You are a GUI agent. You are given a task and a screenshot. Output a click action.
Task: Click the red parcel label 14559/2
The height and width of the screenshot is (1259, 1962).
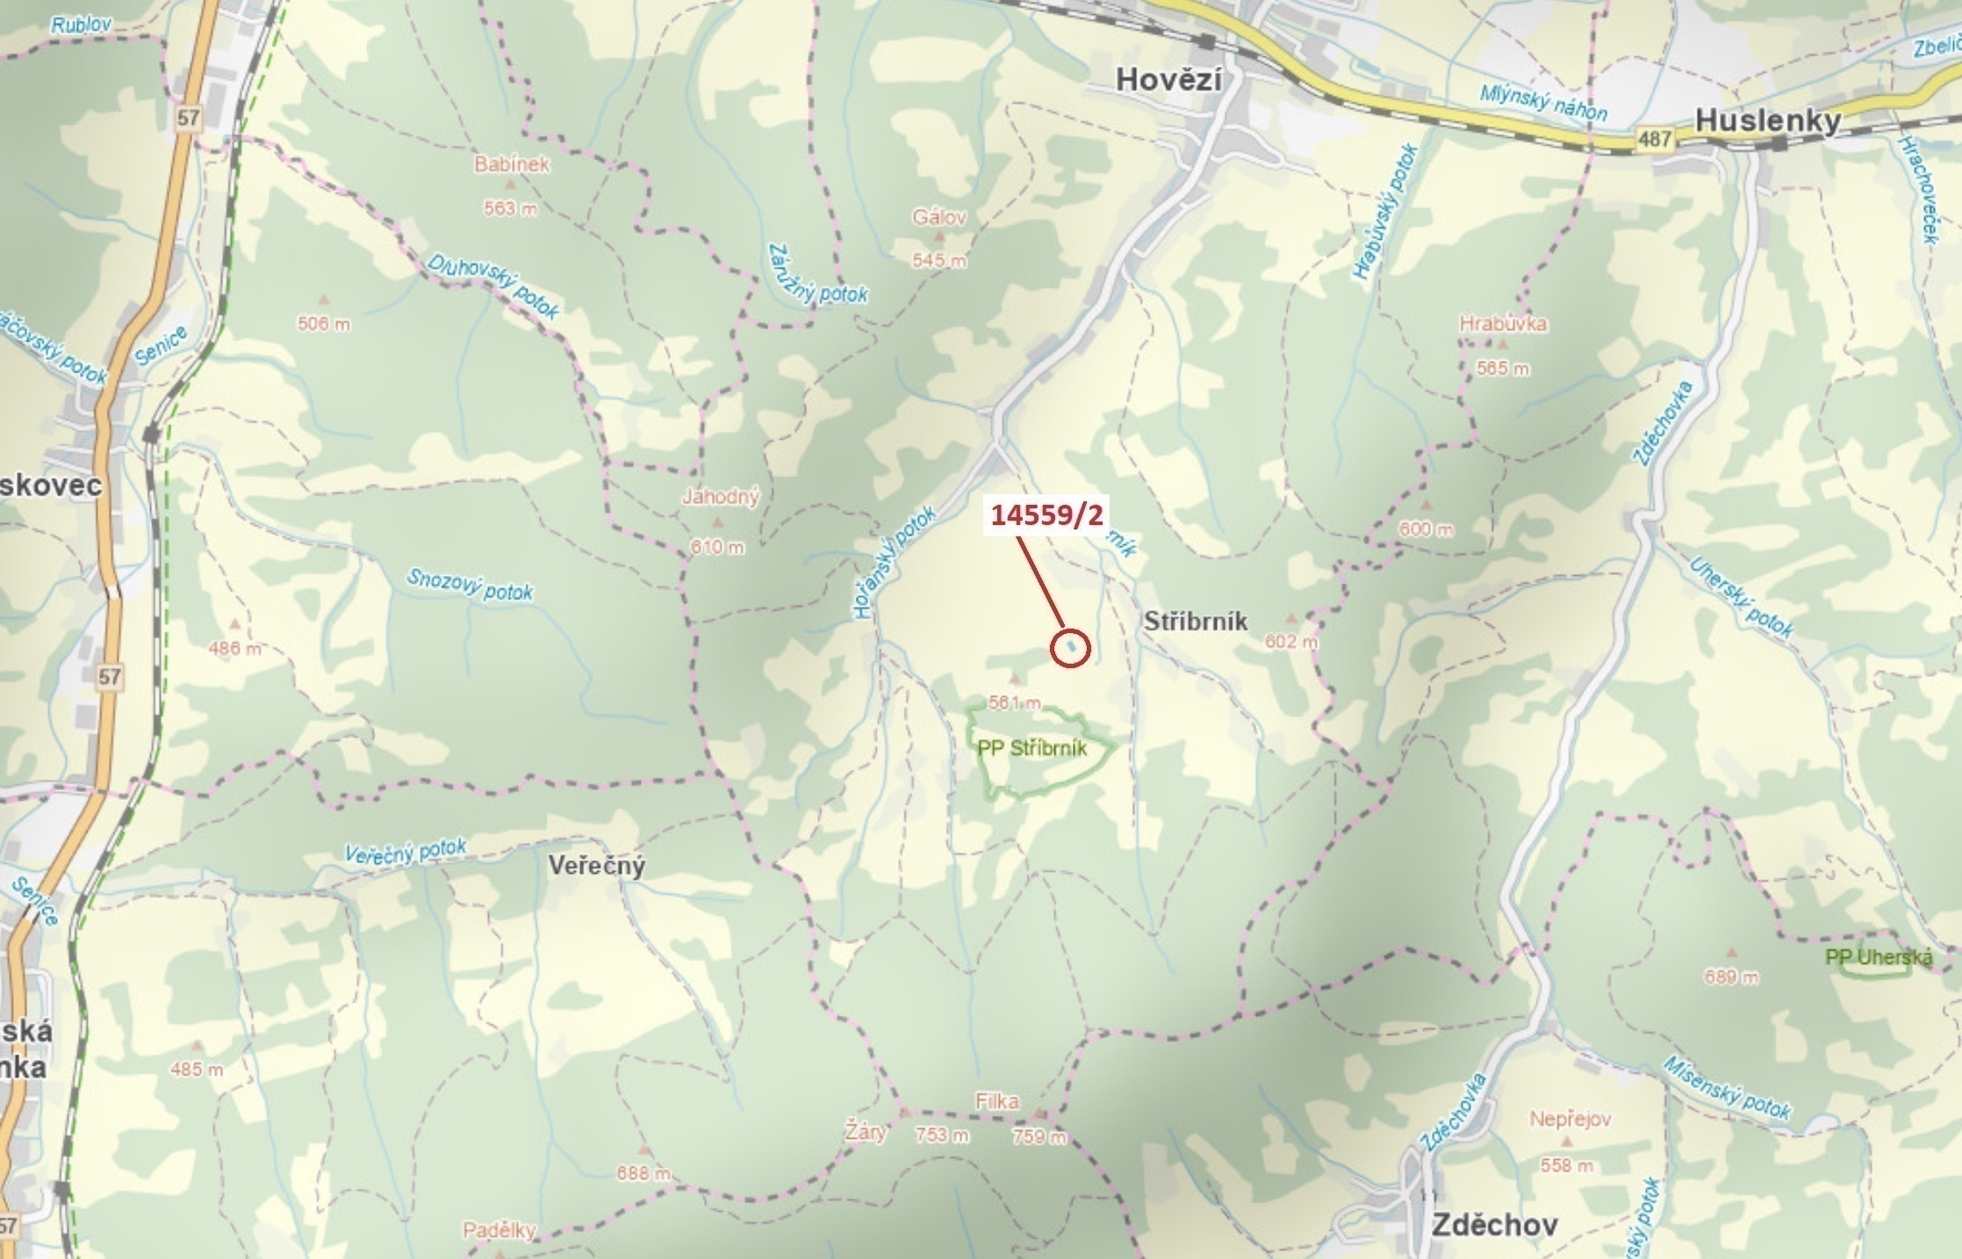pyautogui.click(x=1046, y=514)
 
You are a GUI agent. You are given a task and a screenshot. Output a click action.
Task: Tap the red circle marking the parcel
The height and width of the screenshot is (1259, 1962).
pyautogui.click(x=1070, y=648)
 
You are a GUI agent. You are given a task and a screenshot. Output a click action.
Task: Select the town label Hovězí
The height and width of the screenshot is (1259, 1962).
pyautogui.click(x=1168, y=80)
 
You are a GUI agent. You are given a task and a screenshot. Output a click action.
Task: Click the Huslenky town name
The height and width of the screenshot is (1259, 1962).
pyautogui.click(x=1767, y=121)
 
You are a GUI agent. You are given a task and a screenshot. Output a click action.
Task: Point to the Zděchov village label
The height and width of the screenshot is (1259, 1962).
pyautogui.click(x=1494, y=1225)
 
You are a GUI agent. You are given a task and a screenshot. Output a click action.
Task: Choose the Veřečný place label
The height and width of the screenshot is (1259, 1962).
pyautogui.click(x=597, y=866)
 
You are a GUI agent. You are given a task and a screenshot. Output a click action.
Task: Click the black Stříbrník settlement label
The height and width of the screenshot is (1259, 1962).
pyautogui.click(x=1196, y=622)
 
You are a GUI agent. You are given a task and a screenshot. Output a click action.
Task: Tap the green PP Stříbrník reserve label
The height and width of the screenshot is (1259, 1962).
pyautogui.click(x=1032, y=748)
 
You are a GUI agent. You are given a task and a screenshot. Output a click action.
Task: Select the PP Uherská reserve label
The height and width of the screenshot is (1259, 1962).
pyautogui.click(x=1879, y=957)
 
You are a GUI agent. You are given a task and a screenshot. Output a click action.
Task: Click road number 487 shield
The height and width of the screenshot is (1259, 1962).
pyautogui.click(x=1654, y=139)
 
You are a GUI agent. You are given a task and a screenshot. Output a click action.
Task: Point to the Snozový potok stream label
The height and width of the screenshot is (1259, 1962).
pyautogui.click(x=470, y=585)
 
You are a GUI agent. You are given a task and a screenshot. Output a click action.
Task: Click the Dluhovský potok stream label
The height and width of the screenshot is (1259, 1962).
pyautogui.click(x=492, y=286)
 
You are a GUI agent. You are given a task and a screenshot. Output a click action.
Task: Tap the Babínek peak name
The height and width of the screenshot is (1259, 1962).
pyautogui.click(x=512, y=164)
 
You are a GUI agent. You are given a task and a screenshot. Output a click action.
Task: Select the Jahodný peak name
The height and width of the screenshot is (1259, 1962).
pyautogui.click(x=721, y=497)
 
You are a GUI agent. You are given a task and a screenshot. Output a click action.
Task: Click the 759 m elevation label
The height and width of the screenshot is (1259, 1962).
pyautogui.click(x=1039, y=1137)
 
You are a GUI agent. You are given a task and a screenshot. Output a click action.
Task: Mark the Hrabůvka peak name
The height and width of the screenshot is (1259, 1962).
pyautogui.click(x=1503, y=323)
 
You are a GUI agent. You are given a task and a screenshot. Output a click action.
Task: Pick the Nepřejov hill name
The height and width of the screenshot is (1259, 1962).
pyautogui.click(x=1570, y=1119)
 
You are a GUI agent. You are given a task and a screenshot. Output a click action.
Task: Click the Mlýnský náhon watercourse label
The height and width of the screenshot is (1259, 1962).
pyautogui.click(x=1543, y=103)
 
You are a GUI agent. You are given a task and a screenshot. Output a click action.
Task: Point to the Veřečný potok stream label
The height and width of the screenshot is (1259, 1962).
pyautogui.click(x=405, y=852)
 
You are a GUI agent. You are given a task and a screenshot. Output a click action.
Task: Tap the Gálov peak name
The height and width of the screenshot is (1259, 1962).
pyautogui.click(x=939, y=217)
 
